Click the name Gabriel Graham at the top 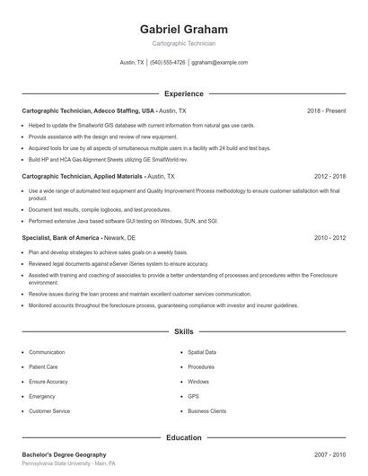click(184, 30)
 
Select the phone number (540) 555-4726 click(167, 63)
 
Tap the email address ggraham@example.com click(220, 63)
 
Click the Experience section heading click(184, 93)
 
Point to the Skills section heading click(184, 331)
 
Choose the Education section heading click(184, 437)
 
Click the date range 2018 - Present click(326, 110)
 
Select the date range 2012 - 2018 click(329, 177)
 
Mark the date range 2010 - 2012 click(329, 238)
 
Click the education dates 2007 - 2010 click(329, 454)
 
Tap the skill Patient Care click(43, 366)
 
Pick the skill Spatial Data click(202, 352)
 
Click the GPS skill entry click(193, 396)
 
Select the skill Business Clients click(207, 410)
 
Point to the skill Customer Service click(49, 410)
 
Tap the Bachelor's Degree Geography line click(64, 454)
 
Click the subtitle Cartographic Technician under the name click(184, 43)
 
